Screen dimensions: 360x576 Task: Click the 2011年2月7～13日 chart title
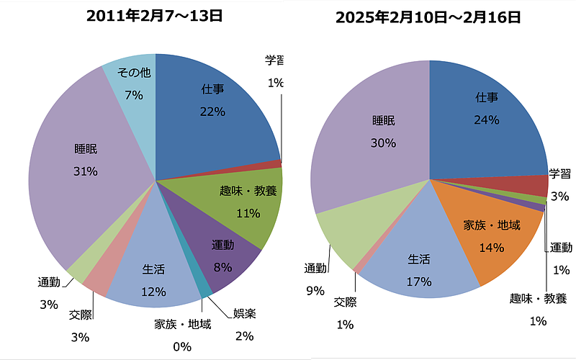(153, 15)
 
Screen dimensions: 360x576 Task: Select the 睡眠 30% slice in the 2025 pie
(374, 137)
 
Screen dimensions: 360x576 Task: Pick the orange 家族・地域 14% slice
(493, 234)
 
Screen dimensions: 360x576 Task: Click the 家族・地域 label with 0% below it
(183, 325)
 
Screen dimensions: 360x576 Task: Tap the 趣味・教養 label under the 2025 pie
(537, 298)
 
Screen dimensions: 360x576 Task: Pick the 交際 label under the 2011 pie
(80, 315)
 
